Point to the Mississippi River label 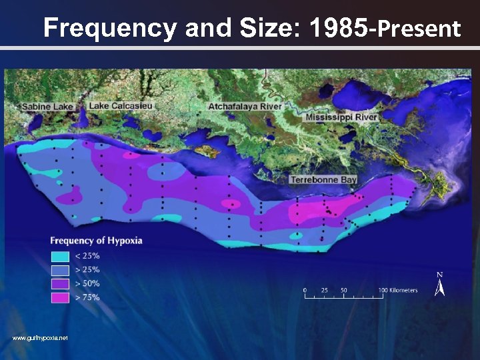341,117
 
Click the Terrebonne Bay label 323,179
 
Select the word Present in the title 419,29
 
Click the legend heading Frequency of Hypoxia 96,241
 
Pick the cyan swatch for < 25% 60,255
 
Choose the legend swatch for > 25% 60,269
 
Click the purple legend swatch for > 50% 60,283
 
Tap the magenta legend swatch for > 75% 60,297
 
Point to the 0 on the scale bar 305,290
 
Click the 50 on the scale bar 343,290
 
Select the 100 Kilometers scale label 399,290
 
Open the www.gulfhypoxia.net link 40,339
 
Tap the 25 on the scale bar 324,290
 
